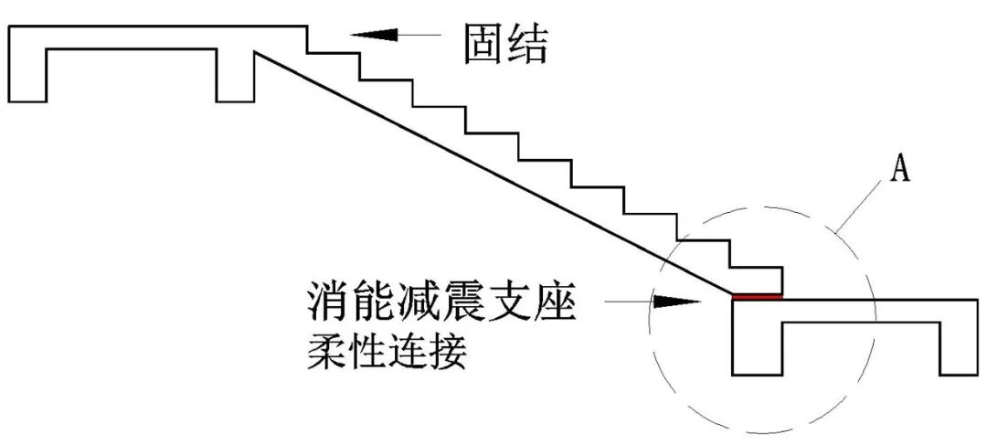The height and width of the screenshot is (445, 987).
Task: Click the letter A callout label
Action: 900,170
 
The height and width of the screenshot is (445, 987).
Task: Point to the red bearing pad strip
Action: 758,296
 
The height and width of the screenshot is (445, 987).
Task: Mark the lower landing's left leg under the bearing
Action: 757,347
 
